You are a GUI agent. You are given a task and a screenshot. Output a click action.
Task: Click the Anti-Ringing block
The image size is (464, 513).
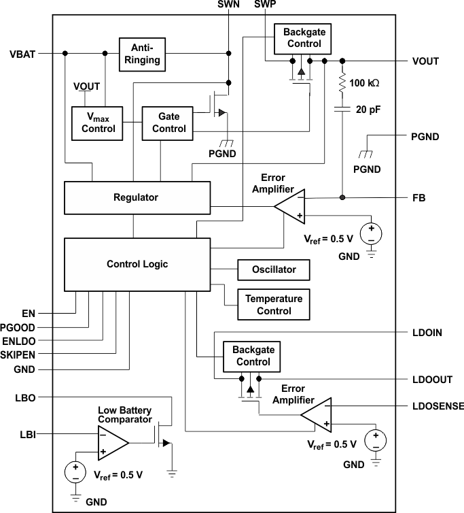click(x=142, y=53)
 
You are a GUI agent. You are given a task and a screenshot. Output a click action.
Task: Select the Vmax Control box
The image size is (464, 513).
click(x=98, y=123)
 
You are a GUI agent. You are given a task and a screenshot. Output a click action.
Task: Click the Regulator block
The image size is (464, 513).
click(x=137, y=198)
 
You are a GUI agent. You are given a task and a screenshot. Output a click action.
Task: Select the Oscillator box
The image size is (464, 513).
click(x=274, y=269)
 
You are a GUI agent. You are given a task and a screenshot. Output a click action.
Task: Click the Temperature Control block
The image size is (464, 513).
click(x=274, y=305)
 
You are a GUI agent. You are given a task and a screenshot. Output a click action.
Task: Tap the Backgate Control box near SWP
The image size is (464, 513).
click(x=302, y=39)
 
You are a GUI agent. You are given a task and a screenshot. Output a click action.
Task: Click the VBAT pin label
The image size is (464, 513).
click(x=24, y=53)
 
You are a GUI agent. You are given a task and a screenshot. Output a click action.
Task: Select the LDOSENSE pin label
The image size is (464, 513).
click(x=438, y=406)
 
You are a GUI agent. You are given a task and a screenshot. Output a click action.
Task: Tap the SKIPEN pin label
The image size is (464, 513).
click(x=18, y=354)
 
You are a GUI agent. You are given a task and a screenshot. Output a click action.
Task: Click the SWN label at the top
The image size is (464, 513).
click(x=228, y=5)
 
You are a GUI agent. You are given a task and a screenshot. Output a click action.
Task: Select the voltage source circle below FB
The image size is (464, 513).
click(x=371, y=233)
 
